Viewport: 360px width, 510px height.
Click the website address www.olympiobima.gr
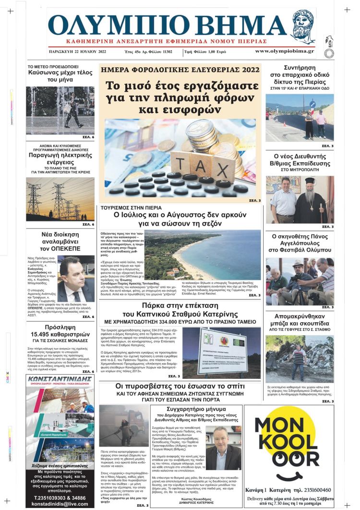tap(285, 51)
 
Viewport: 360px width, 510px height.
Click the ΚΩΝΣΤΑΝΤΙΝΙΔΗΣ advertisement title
tap(60, 379)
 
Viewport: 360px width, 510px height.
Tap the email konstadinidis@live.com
tap(60, 504)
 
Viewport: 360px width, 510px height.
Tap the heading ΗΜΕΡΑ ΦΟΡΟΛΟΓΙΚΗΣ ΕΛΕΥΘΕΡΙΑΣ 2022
tap(180, 70)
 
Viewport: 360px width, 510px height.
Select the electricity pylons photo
tap(60, 199)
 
